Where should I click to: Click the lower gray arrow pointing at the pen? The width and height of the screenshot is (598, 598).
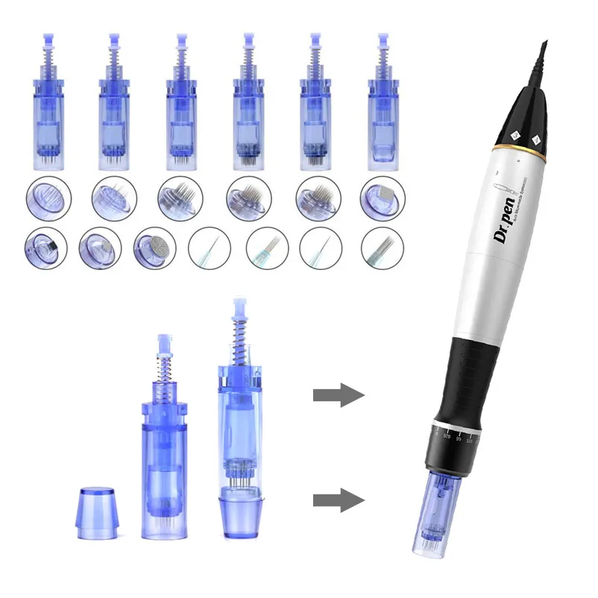point(338,498)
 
